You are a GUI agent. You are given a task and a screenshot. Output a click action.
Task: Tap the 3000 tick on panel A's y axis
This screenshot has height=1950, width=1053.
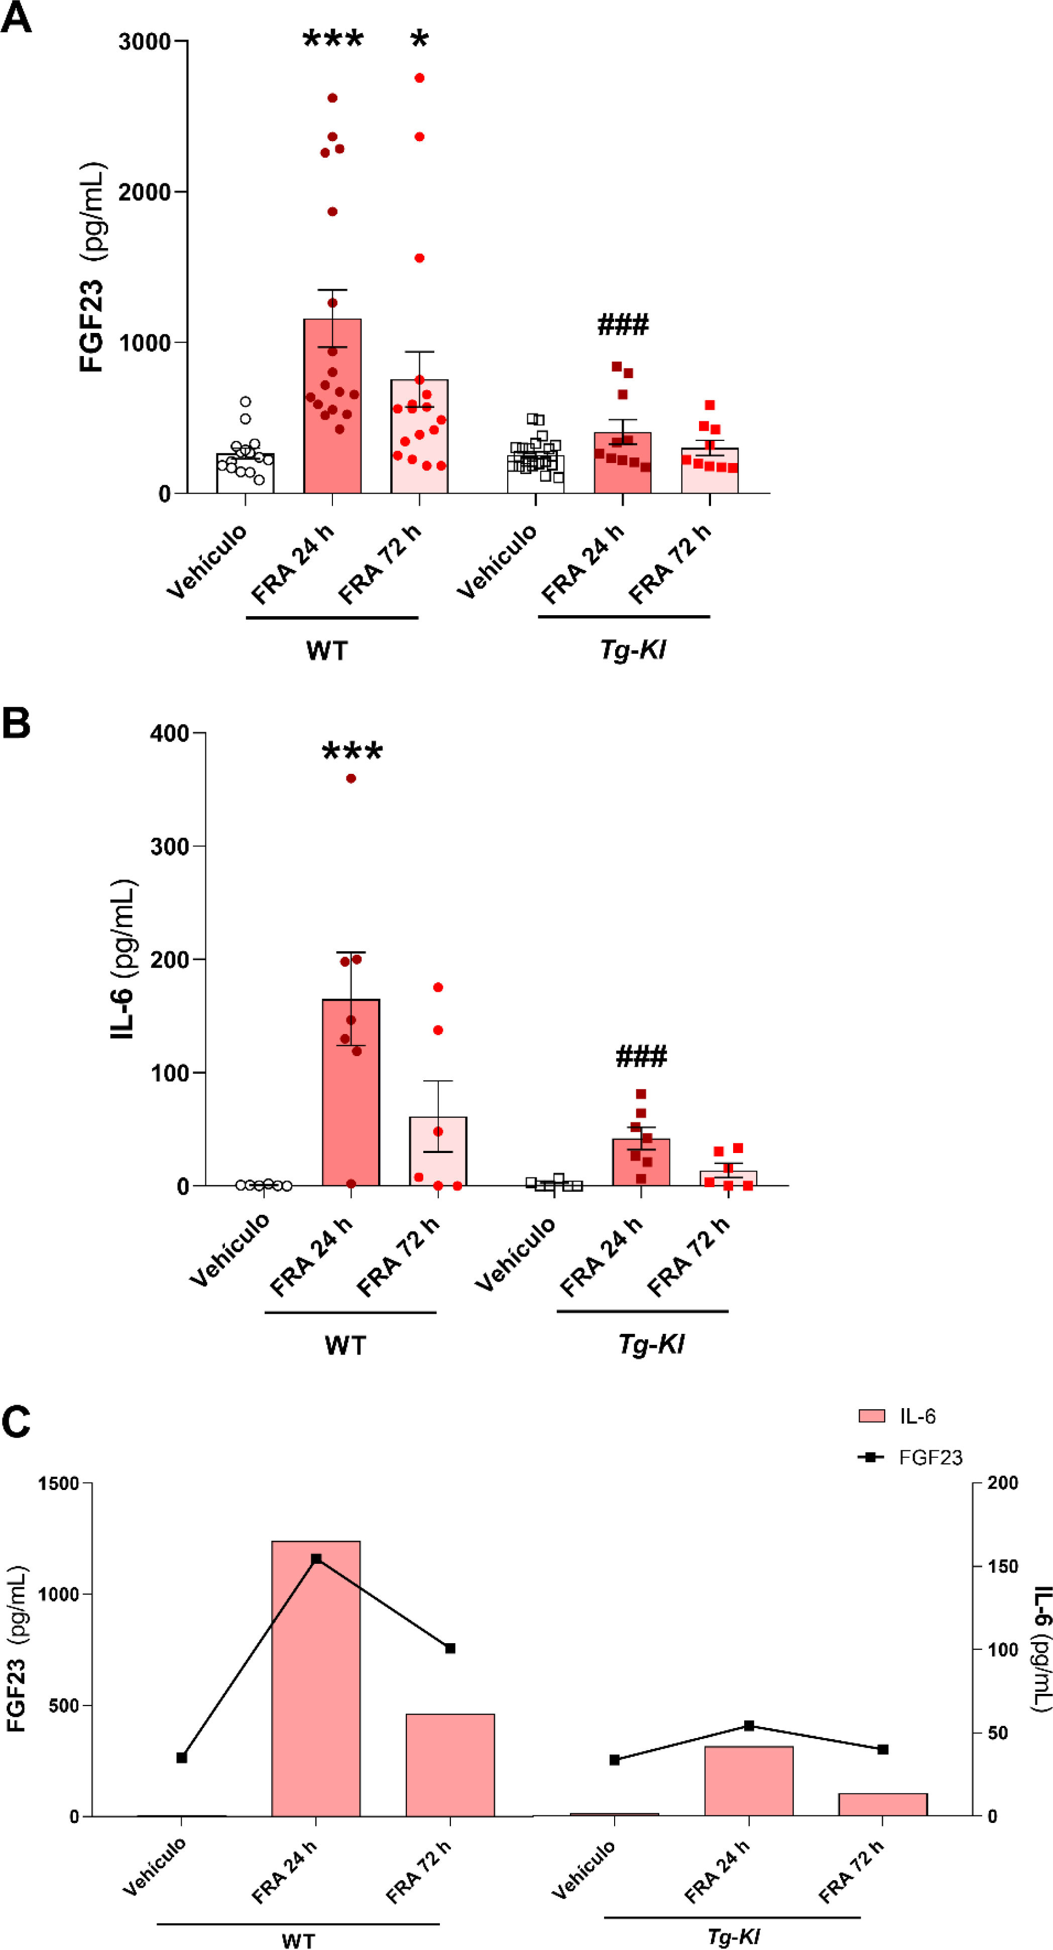[x=144, y=42]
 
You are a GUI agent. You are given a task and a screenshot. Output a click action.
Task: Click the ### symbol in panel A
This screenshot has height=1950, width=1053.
[x=623, y=325]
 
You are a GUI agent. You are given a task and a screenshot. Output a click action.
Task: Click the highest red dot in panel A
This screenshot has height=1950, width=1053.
[x=419, y=78]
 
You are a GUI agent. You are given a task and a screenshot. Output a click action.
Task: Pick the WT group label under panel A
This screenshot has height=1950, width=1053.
[x=327, y=650]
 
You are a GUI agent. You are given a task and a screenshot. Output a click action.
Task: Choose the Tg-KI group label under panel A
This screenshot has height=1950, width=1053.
[x=633, y=649]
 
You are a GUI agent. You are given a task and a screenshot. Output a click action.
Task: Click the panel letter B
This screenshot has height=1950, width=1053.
[x=16, y=723]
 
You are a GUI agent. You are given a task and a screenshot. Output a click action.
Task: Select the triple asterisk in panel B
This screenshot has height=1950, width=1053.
[x=352, y=752]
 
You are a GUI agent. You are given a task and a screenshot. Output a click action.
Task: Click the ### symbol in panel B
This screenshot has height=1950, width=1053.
[x=641, y=1056]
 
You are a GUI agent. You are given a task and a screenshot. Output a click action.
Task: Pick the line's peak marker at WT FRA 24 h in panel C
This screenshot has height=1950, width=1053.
[x=316, y=1559]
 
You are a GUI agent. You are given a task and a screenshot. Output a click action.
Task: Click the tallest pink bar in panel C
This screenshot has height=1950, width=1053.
[x=316, y=1680]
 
